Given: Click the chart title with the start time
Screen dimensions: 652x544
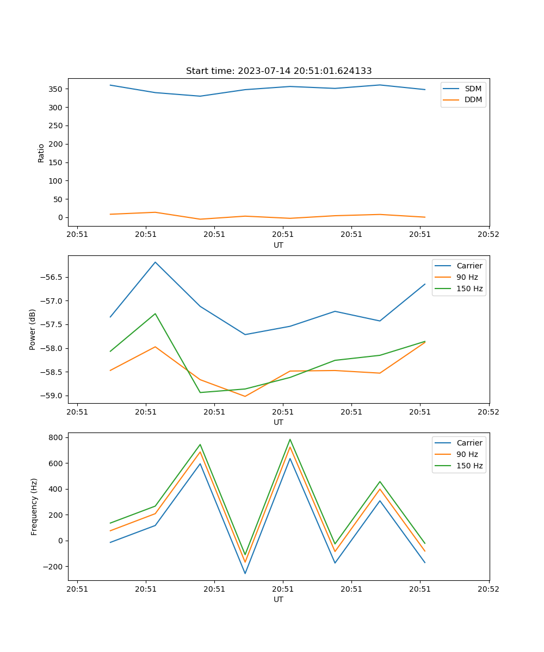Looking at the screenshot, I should [x=279, y=71].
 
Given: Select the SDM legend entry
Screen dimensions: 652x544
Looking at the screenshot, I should [x=473, y=89].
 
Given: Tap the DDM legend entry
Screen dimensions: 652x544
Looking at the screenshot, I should [x=473, y=99].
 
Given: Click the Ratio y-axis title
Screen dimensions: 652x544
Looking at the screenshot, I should [x=41, y=153].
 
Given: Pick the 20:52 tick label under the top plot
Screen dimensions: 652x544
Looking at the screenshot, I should [x=489, y=235].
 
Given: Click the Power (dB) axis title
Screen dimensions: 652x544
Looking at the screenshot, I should [x=33, y=329].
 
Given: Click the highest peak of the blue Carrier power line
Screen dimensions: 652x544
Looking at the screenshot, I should [x=156, y=262].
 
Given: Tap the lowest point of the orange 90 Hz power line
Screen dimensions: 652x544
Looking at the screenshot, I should [x=245, y=396].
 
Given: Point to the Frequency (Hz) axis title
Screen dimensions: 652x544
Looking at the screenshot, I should [x=34, y=506].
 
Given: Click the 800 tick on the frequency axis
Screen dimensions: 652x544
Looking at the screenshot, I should [x=57, y=437].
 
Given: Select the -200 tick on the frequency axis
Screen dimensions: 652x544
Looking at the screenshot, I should [x=54, y=567].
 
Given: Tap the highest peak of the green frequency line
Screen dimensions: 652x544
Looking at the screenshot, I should [x=290, y=440].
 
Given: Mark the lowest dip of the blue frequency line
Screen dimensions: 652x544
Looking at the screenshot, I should [x=245, y=573].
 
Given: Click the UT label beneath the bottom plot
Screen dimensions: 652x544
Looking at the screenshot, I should [x=279, y=599].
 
